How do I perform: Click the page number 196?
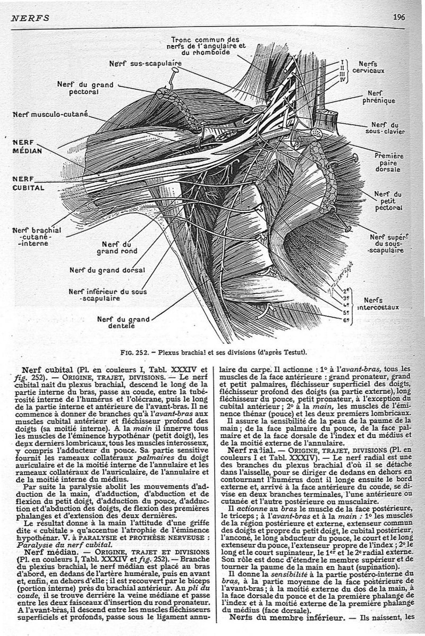pos(398,17)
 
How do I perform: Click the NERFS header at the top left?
pos(30,18)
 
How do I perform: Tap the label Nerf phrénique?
pos(378,97)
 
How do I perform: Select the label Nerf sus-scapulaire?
pos(146,63)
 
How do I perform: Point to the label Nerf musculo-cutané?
pos(50,114)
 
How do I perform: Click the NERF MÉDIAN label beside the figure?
pos(27,147)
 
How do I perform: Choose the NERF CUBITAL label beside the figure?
pos(28,183)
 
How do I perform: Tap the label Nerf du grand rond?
pos(117,248)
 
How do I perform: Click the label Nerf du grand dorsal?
pos(107,270)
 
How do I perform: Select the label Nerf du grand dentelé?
pos(123,322)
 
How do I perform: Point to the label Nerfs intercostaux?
pos(378,304)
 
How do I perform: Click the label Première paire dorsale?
pos(389,162)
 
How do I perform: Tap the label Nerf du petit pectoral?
pos(388,201)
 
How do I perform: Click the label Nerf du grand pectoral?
pos(85,88)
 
